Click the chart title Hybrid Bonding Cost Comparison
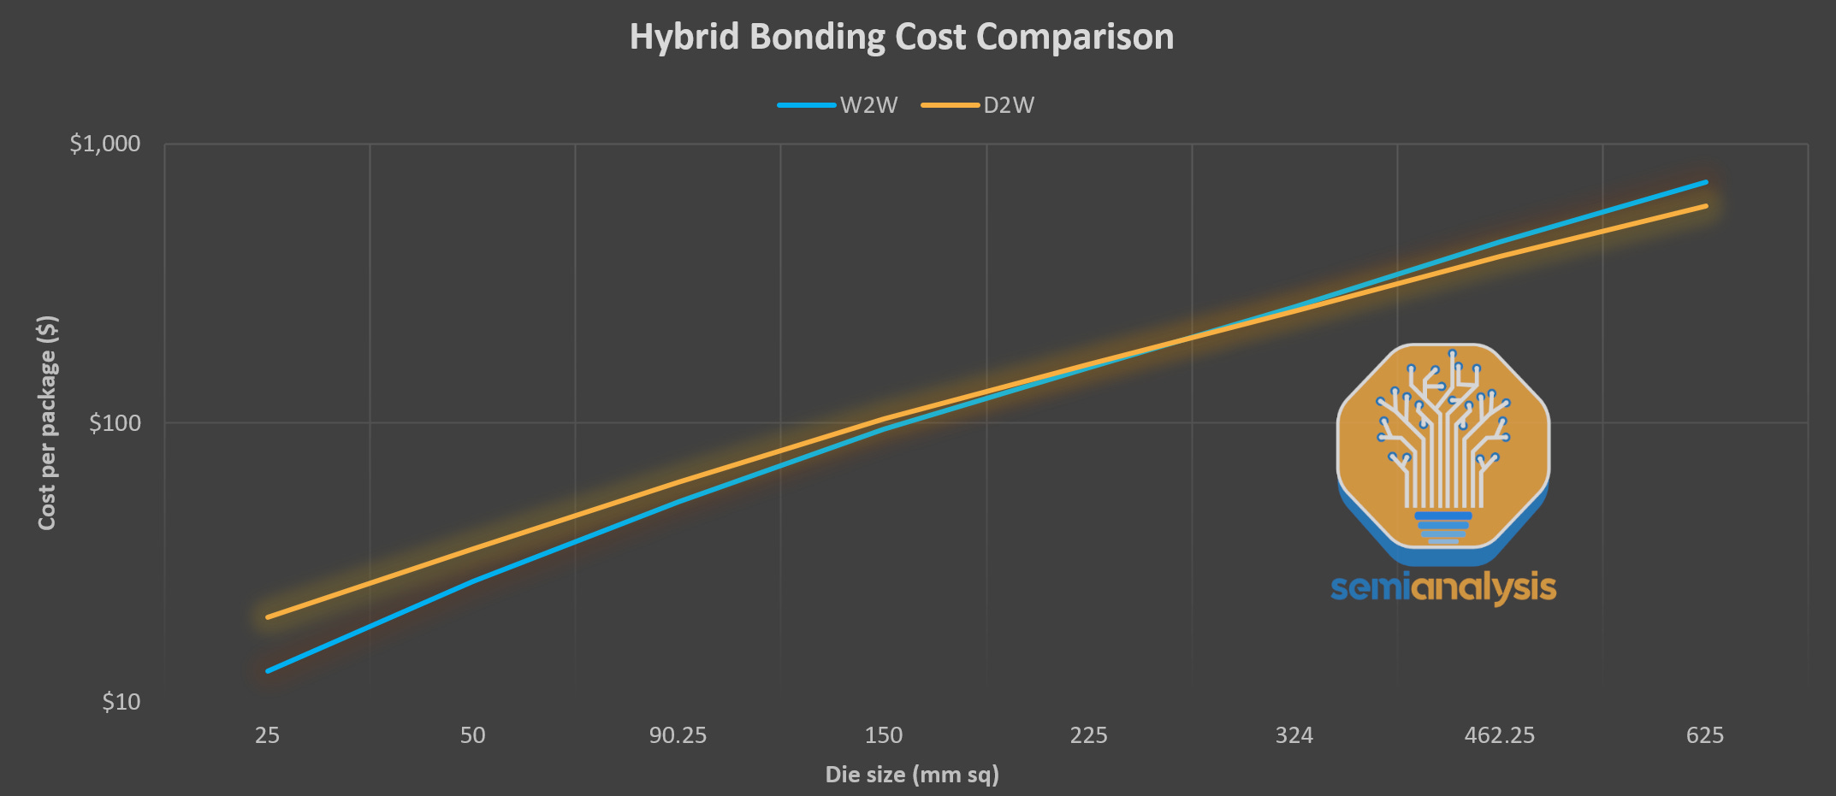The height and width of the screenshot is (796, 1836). [x=902, y=37]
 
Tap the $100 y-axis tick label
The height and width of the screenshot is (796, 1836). [x=115, y=422]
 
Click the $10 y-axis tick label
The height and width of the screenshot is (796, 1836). [x=121, y=702]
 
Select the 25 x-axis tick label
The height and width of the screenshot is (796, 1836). [x=267, y=735]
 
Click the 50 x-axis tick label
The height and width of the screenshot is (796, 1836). [x=472, y=735]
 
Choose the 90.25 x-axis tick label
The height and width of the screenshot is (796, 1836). [x=678, y=735]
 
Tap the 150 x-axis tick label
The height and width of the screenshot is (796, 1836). [x=884, y=735]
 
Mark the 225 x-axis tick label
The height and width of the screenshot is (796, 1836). [x=1088, y=735]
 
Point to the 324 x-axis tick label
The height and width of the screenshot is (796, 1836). [x=1294, y=735]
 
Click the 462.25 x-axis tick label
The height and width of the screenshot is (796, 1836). [x=1499, y=735]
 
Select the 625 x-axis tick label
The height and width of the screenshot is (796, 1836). [x=1704, y=735]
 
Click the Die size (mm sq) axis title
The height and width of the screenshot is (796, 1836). [x=912, y=775]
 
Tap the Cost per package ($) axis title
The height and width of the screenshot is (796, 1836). [x=47, y=422]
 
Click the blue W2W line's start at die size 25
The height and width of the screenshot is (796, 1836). [x=269, y=670]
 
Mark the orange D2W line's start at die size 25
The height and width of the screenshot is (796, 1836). [x=269, y=616]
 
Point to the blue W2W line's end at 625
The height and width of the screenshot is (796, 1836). [x=1705, y=182]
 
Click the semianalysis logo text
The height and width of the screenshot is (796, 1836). [x=1443, y=588]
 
